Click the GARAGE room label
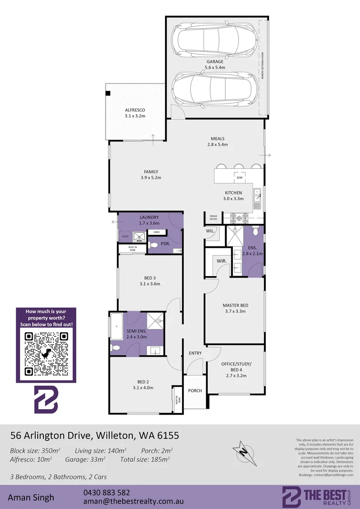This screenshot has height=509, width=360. pyautogui.click(x=214, y=61)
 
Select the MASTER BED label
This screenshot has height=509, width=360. pyautogui.click(x=236, y=305)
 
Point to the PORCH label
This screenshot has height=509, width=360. pyautogui.click(x=195, y=390)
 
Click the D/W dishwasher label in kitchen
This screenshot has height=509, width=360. pyautogui.click(x=239, y=177)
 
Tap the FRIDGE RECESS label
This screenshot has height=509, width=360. pyautogui.click(x=213, y=218)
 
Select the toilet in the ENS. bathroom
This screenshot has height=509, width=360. pyautogui.click(x=255, y=231)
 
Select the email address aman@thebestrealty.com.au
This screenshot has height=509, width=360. pyautogui.click(x=133, y=502)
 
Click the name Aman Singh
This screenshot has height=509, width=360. pyautogui.click(x=31, y=497)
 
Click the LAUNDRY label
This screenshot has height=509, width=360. pyautogui.click(x=149, y=217)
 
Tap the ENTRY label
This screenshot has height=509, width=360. pyautogui.click(x=195, y=353)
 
